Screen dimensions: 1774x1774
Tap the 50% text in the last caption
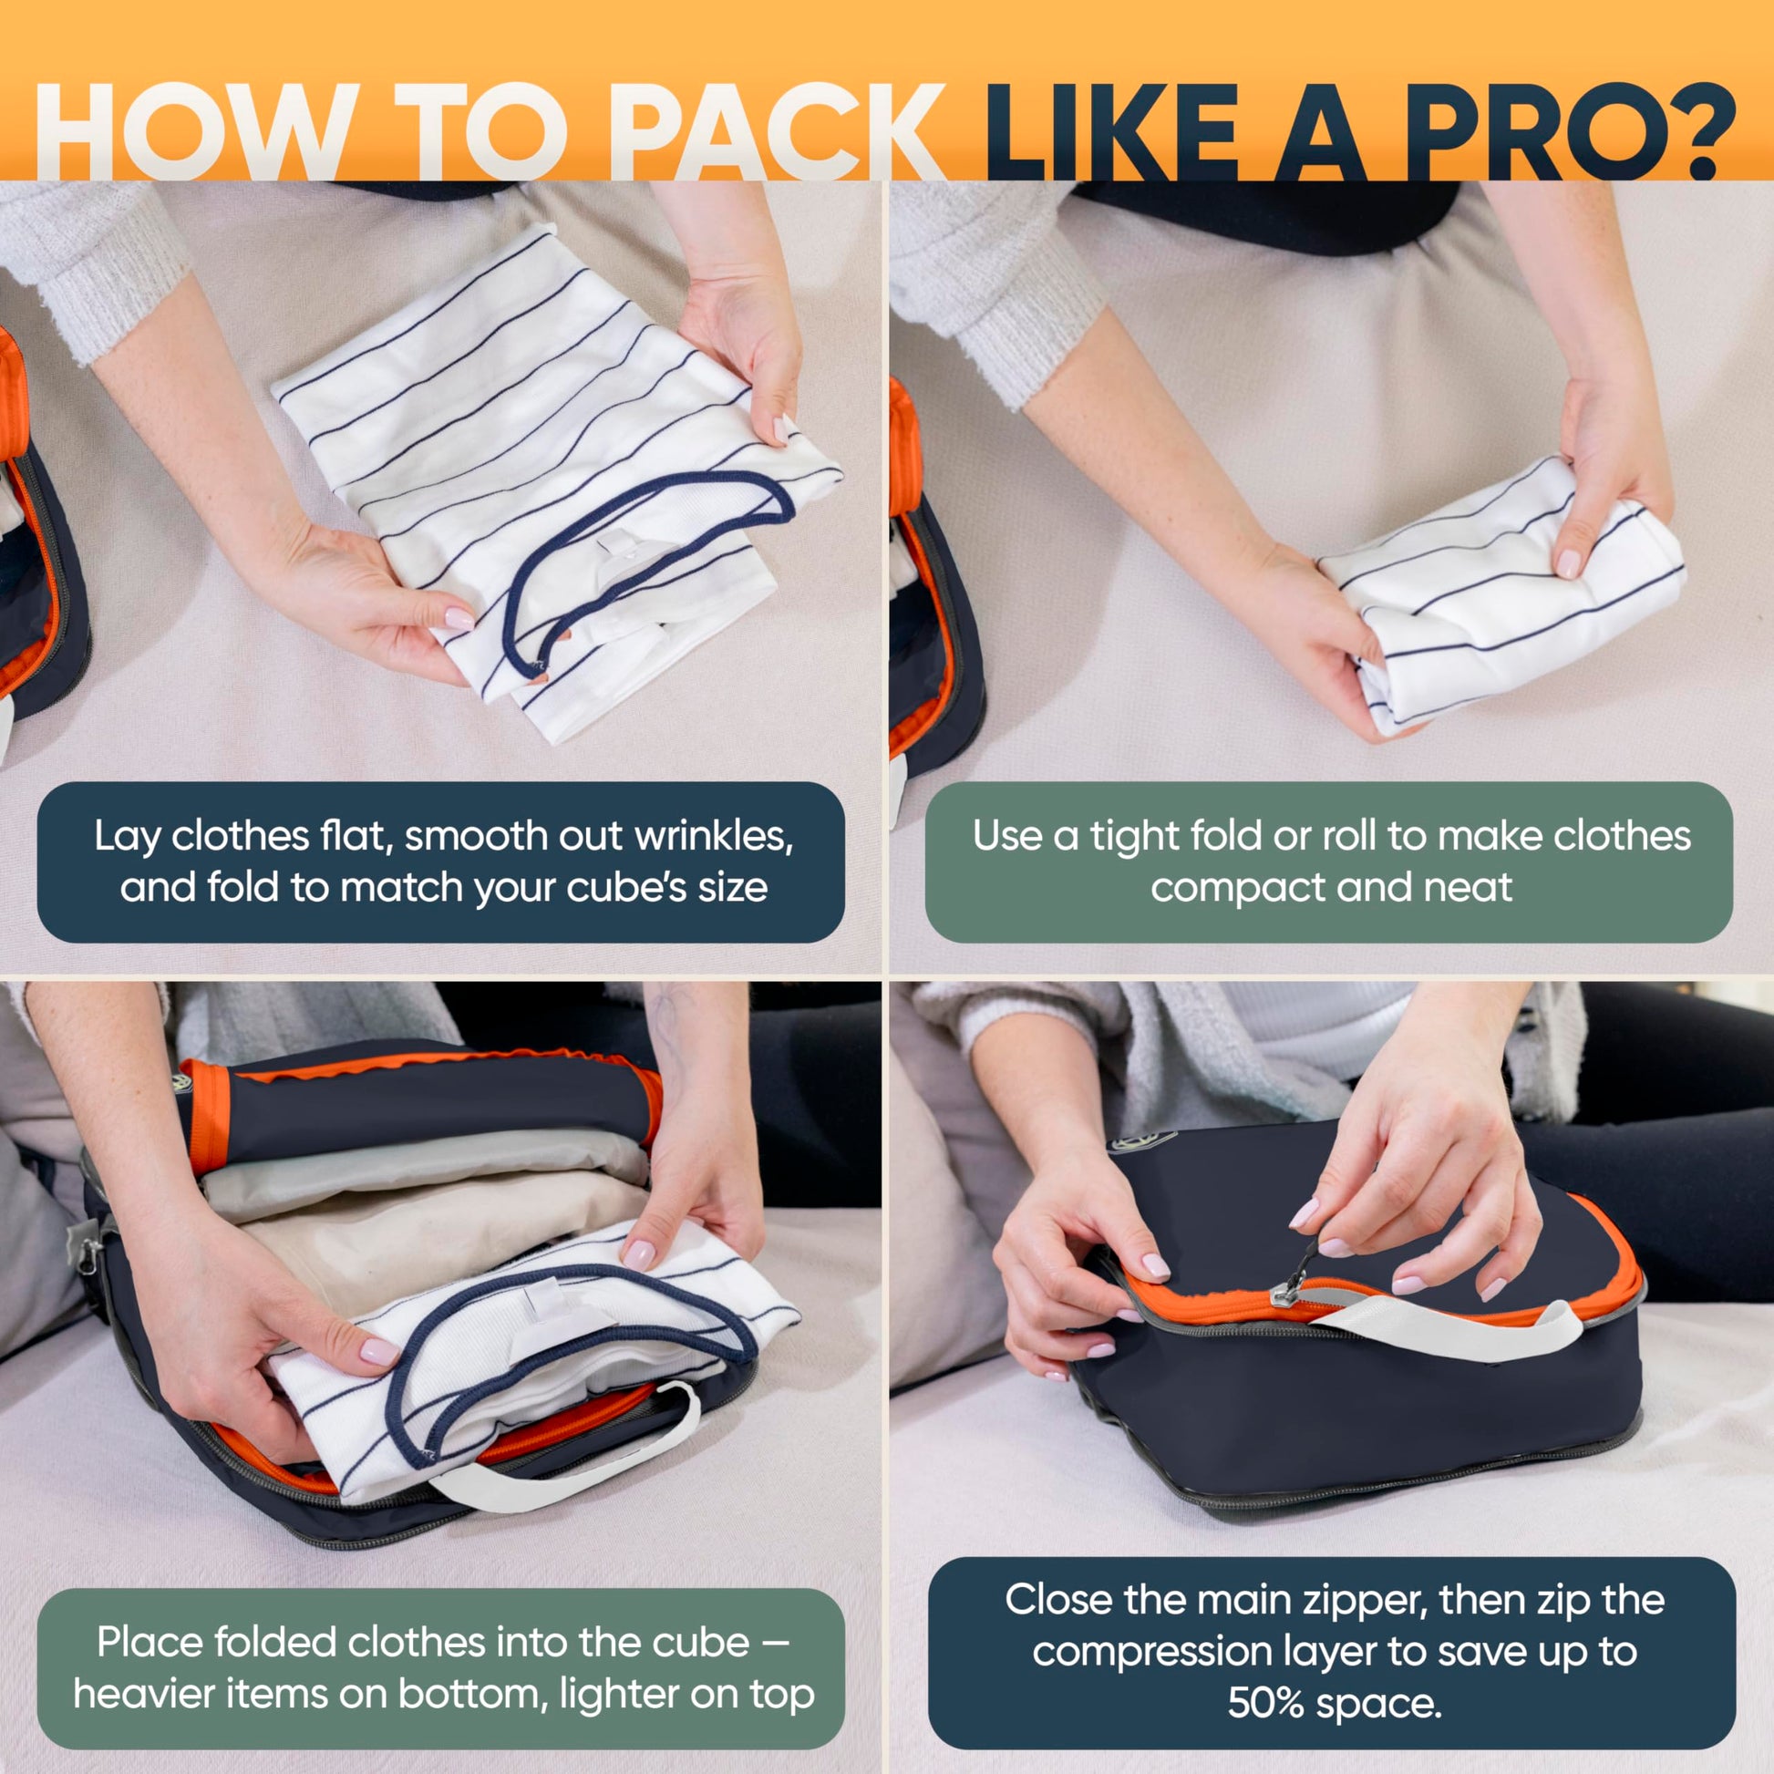(1265, 1703)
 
